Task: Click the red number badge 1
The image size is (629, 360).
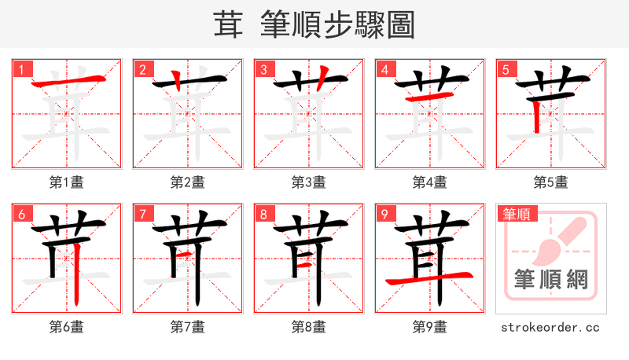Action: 21,70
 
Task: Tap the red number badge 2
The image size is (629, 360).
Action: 142,70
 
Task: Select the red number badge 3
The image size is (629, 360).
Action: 263,70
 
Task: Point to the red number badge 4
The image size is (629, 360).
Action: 384,70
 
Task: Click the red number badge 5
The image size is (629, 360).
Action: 506,70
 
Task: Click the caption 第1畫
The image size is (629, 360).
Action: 67,182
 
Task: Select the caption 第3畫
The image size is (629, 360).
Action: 309,182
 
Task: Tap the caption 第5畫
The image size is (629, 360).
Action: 551,182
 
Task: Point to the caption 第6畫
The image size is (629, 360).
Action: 67,327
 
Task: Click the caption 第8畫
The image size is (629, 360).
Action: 309,327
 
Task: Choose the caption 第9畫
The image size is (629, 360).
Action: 430,327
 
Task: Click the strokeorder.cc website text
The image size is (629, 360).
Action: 551,327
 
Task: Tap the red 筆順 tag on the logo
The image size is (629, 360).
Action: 516,214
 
